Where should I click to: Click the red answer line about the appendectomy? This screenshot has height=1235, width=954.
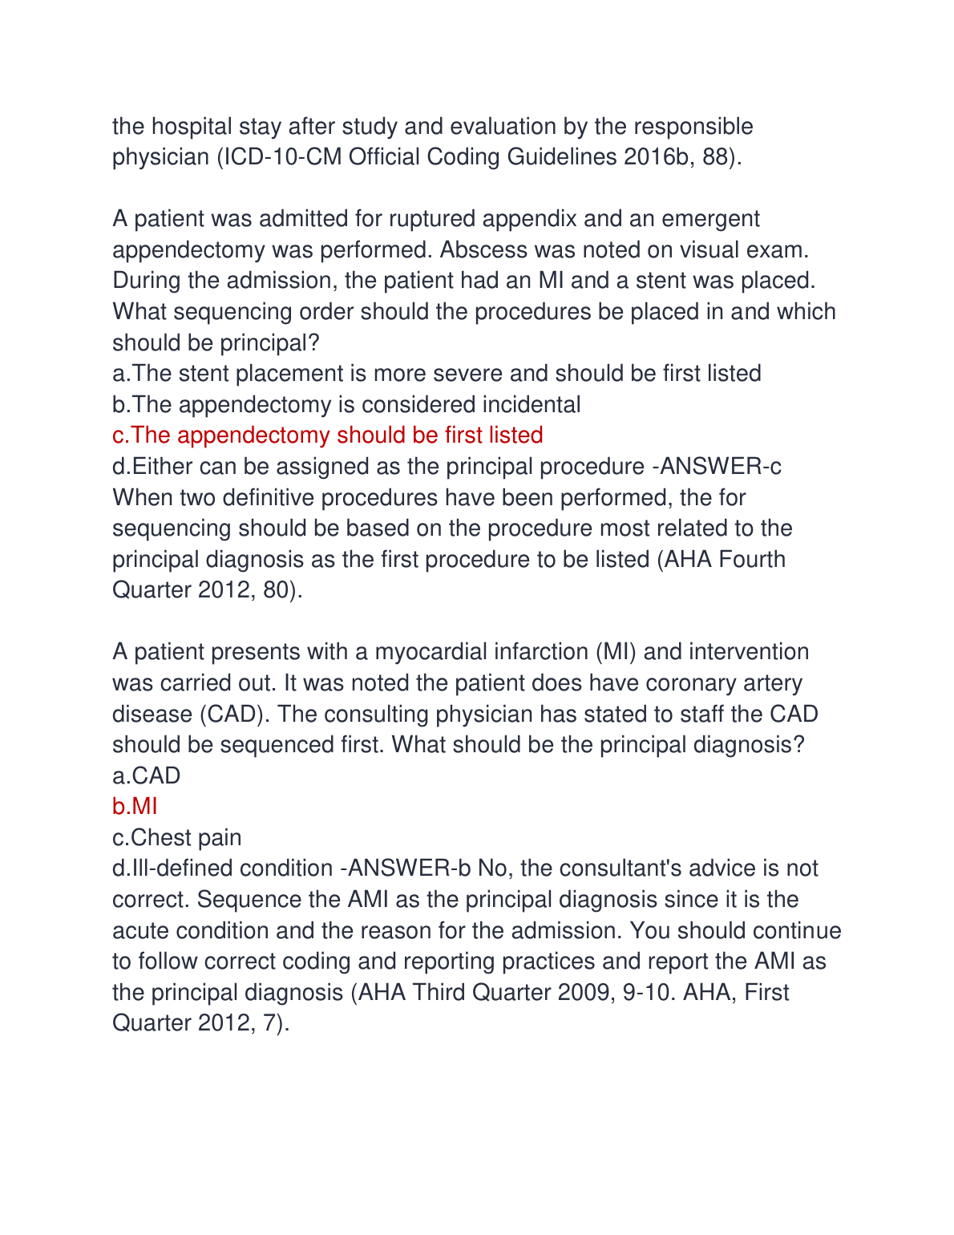coord(327,435)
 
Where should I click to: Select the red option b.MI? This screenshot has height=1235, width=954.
coord(135,806)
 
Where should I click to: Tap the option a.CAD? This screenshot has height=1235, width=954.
coord(146,775)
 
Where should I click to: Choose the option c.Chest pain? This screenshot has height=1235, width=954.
coord(176,837)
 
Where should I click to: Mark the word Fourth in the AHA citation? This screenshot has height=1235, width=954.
coord(752,559)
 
